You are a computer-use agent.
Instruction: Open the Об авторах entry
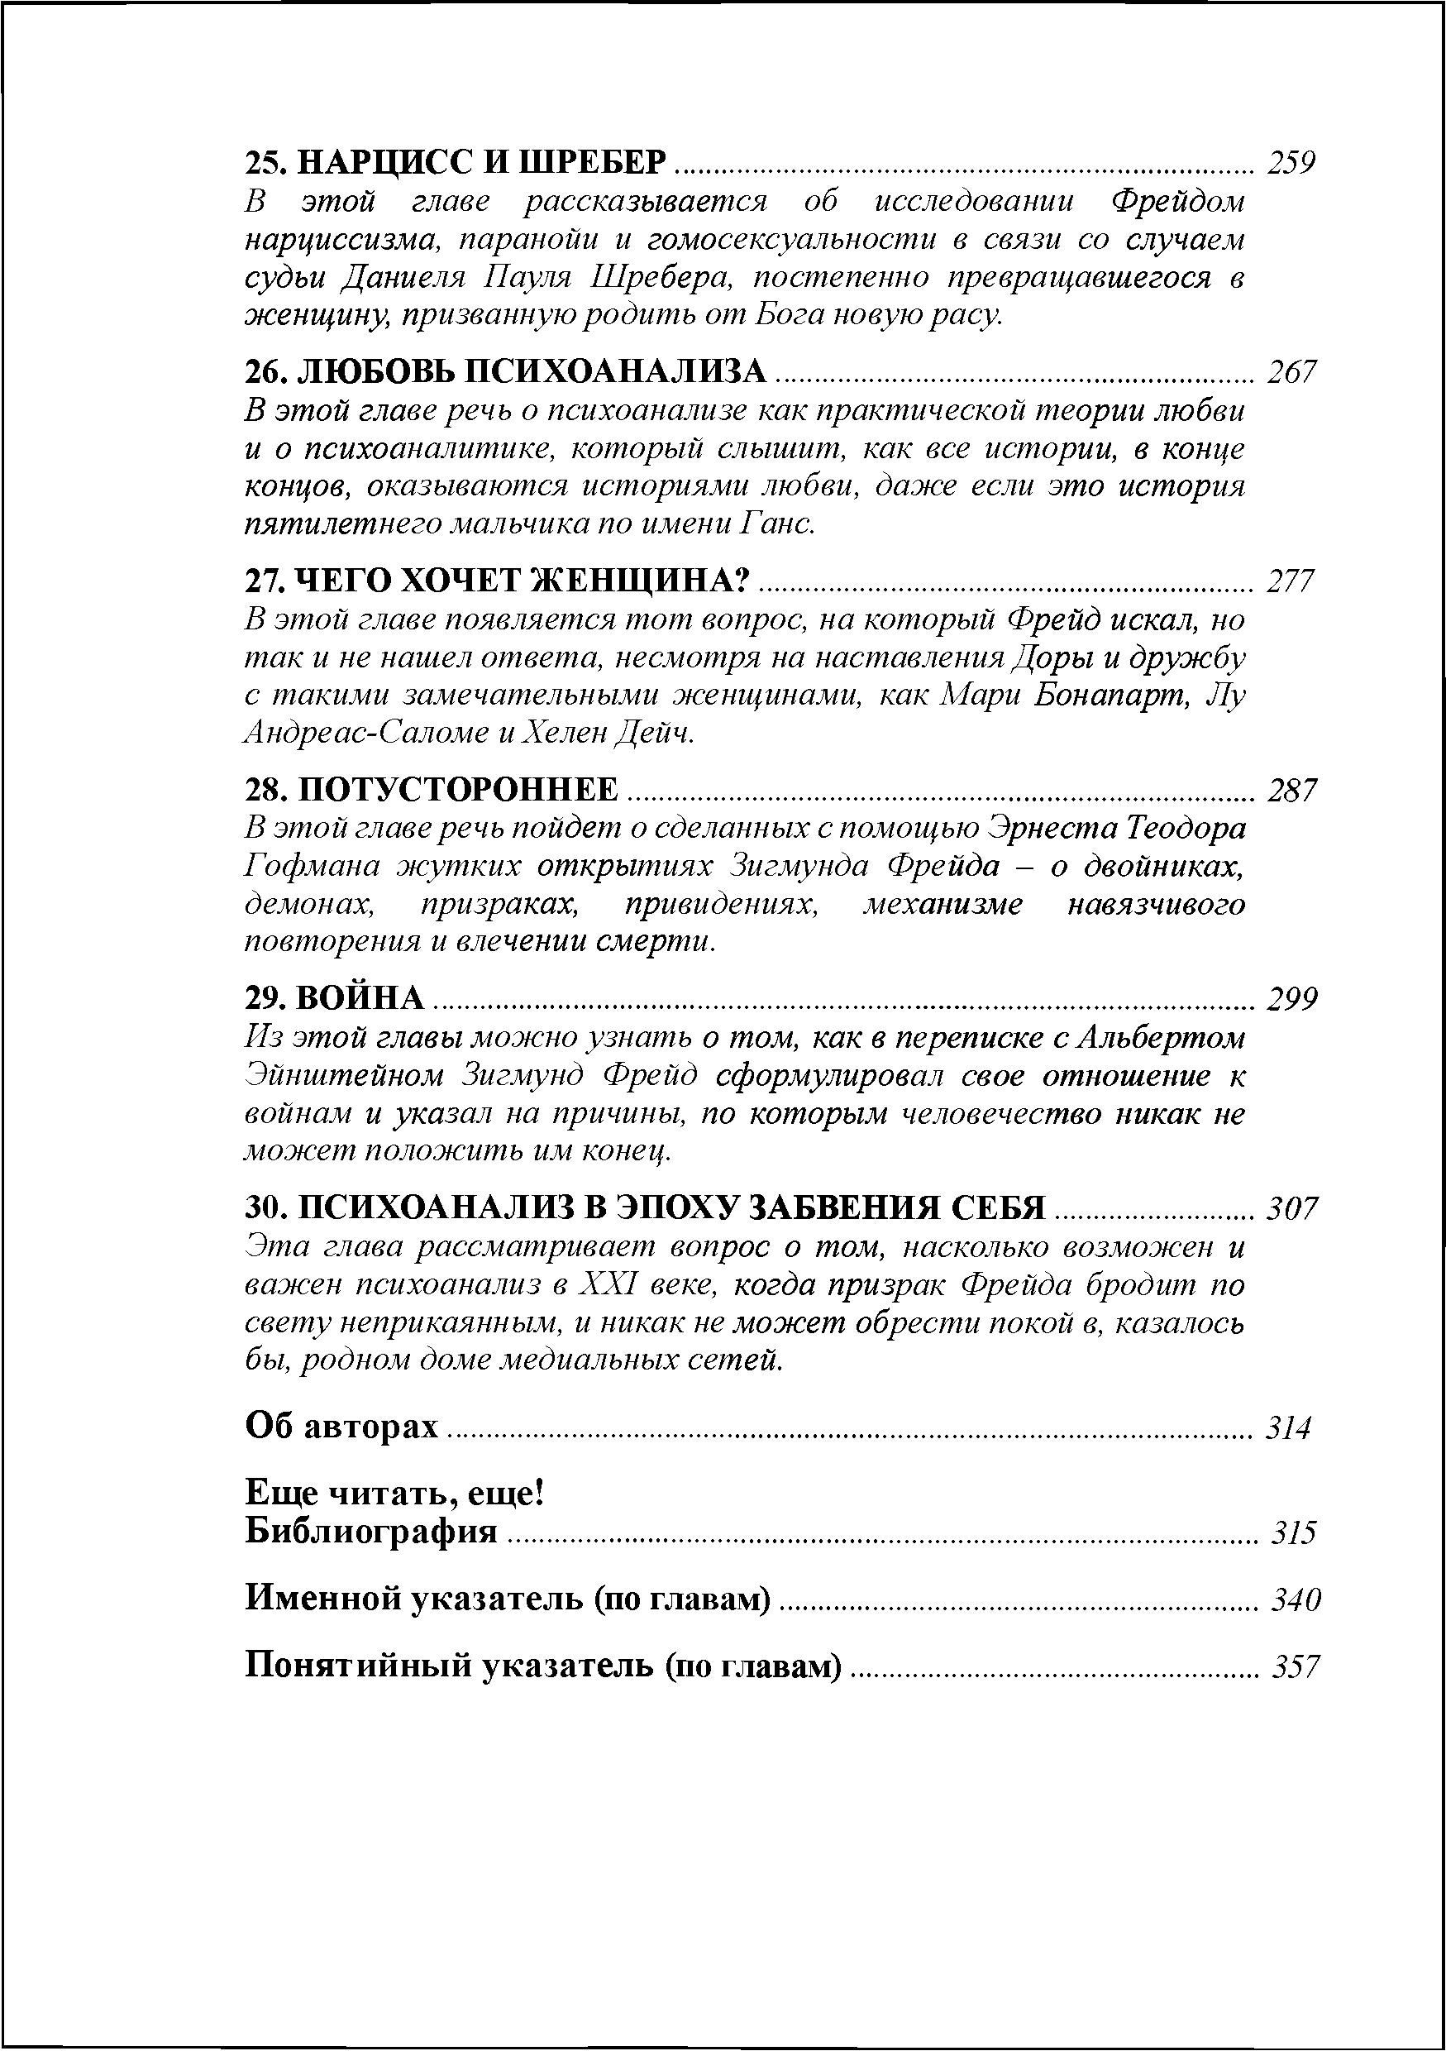coord(342,1427)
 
